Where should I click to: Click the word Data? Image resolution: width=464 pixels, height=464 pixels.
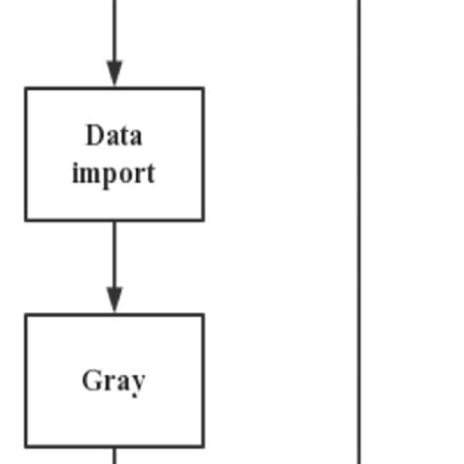point(114,135)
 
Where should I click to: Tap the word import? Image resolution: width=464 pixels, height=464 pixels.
point(114,174)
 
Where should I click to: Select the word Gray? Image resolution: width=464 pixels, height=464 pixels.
point(114,380)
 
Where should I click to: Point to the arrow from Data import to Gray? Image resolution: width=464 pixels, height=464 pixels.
point(115,259)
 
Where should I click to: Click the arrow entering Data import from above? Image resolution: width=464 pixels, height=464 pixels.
point(115,39)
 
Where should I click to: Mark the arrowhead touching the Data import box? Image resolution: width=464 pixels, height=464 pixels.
point(115,74)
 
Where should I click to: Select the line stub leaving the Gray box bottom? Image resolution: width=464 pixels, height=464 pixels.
point(115,456)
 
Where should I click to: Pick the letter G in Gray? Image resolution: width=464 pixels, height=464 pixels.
point(91,380)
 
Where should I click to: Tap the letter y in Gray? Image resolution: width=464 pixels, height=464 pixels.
point(138,383)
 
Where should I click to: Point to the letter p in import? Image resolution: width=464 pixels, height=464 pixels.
point(110,176)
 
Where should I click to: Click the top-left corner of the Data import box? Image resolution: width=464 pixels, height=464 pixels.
point(25,88)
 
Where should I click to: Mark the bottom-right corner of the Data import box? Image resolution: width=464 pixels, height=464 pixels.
point(204,219)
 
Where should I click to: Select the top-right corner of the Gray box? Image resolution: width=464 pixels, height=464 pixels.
point(204,315)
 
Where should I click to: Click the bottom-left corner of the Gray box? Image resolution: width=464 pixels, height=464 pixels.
point(25,446)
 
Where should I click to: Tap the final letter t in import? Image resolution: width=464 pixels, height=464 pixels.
point(150,174)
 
